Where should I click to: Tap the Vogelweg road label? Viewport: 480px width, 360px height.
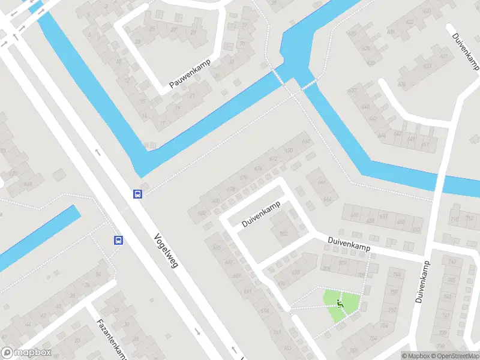166,250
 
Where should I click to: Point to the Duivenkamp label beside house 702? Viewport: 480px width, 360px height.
261,214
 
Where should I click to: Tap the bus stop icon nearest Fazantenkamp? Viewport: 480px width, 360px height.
118,241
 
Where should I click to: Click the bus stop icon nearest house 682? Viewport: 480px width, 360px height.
137,194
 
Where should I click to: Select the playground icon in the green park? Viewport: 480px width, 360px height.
340,304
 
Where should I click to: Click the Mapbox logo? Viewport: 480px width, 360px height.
25,353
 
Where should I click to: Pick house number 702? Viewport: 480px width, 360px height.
283,234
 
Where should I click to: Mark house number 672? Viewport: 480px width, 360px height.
274,159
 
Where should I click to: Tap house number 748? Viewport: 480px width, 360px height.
394,275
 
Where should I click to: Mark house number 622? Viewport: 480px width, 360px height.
410,22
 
